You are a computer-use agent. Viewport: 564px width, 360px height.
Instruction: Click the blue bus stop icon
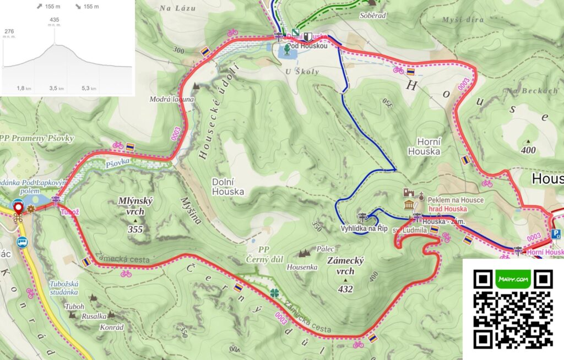[22, 241]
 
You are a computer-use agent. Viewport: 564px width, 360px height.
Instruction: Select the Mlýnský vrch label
[135, 206]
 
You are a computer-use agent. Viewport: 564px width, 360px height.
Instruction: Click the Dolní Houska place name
[227, 187]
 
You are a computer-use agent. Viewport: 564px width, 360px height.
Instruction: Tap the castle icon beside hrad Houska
[409, 192]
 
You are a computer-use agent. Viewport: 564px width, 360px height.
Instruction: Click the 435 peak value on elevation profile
[54, 20]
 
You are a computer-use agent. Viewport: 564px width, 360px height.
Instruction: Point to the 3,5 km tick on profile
[57, 88]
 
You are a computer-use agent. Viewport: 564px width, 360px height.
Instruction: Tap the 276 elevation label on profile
[9, 31]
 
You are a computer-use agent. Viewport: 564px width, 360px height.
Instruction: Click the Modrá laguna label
[172, 100]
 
